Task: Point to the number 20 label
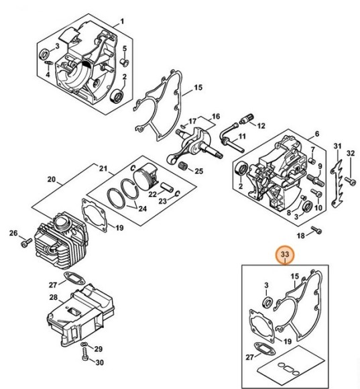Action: [x=51, y=179]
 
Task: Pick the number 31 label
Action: [x=337, y=146]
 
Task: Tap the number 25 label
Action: [x=198, y=171]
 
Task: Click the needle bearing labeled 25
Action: [x=181, y=170]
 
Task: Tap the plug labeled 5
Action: [x=124, y=62]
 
